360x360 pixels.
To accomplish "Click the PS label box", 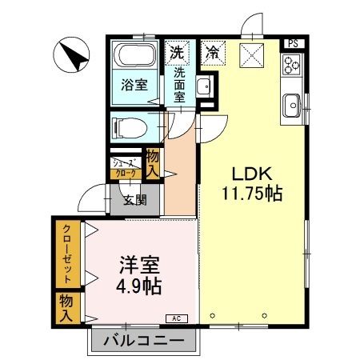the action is [x=294, y=44].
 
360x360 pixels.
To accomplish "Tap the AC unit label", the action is [x=177, y=318].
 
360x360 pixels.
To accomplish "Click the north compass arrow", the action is [x=74, y=56].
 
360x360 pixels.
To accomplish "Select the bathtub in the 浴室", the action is [x=134, y=55].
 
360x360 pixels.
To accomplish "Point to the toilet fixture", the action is [x=130, y=128].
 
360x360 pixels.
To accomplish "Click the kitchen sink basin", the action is [x=292, y=106].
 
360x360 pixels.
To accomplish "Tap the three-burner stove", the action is [x=292, y=65].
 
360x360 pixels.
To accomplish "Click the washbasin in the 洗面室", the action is [x=204, y=86].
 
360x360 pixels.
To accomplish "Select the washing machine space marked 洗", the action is [x=177, y=53].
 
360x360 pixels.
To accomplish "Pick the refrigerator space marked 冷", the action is [x=213, y=53].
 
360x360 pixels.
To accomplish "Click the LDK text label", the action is [x=252, y=174].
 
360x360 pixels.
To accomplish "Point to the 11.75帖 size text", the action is [x=252, y=194].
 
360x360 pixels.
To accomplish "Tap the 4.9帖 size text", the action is [x=139, y=286].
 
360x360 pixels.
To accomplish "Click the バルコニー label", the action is [x=144, y=341].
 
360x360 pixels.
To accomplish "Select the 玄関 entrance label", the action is [x=135, y=200].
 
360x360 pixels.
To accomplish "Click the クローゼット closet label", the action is [x=67, y=254].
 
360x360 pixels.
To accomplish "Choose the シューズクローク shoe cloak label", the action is [x=126, y=168].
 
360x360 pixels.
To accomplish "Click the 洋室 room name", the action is [x=139, y=265].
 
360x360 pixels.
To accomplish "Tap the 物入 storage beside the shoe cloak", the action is [x=153, y=163].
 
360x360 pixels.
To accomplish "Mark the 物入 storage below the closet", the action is [x=66, y=308].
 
